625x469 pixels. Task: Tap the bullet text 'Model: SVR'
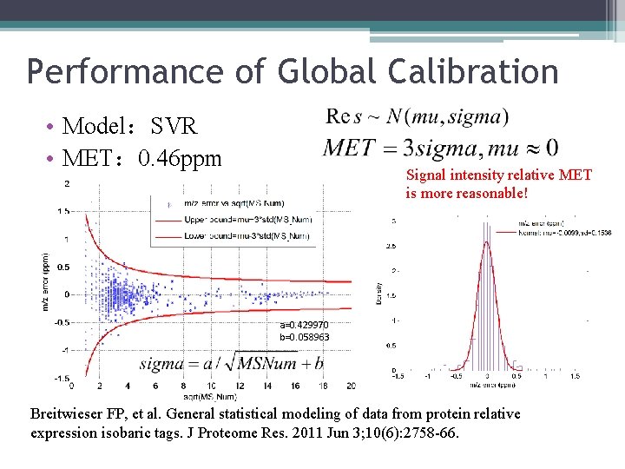pos(130,127)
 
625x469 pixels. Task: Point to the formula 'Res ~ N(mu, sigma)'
pos(418,116)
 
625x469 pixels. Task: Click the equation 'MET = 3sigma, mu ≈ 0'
pos(440,147)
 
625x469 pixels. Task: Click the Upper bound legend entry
pos(246,220)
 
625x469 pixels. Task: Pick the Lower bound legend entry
pos(246,235)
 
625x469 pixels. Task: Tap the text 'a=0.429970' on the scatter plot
pos(305,325)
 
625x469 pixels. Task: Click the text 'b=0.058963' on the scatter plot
pos(305,336)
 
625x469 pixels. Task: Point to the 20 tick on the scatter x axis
pos(351,386)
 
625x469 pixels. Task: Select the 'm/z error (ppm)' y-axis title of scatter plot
pos(45,282)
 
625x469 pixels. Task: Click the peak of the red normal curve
pos(487,242)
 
